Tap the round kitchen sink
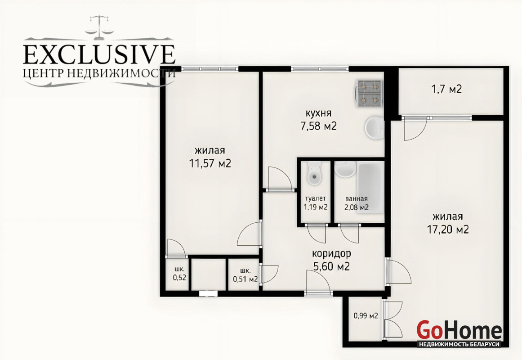375,128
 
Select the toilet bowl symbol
314,173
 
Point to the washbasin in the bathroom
345,169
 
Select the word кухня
319,113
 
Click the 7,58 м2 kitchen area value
319,126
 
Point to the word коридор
331,254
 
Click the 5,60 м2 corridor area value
331,266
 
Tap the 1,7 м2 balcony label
446,90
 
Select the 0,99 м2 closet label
366,315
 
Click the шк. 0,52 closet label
179,274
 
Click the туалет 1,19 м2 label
316,202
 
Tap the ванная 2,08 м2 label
357,203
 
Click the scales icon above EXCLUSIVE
99,25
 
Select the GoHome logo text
459,330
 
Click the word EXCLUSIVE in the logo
99,54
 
